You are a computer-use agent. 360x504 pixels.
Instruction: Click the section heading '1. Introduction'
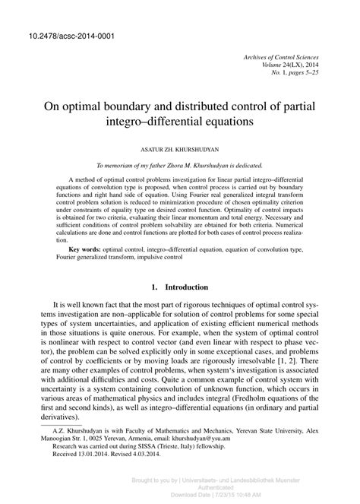[180, 287]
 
